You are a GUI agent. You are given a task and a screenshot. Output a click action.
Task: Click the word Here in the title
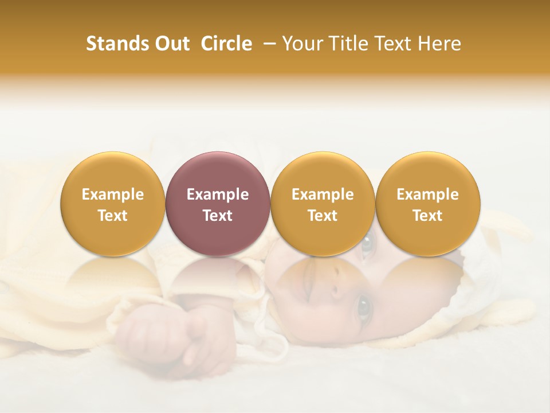(x=439, y=44)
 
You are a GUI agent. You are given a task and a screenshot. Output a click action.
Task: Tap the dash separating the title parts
(x=269, y=44)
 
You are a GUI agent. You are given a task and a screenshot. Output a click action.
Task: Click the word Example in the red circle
(x=218, y=194)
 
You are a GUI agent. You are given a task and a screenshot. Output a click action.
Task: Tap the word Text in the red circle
(x=218, y=216)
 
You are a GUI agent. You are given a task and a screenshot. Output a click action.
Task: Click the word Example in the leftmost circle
(x=112, y=194)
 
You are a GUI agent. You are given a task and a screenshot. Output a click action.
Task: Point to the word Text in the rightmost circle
(x=427, y=216)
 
